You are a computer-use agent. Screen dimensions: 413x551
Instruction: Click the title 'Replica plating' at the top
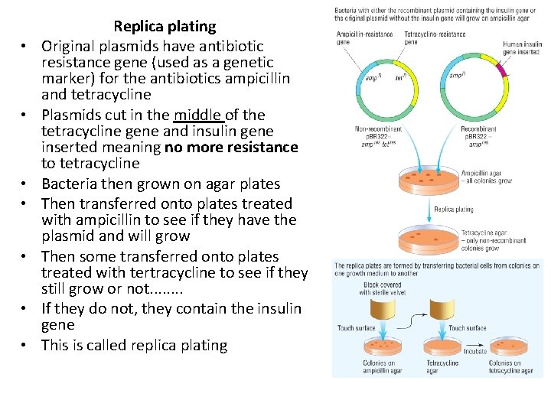click(x=165, y=26)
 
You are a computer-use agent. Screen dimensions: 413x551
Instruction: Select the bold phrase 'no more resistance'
click(x=231, y=147)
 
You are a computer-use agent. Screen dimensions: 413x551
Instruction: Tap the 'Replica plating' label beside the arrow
click(x=454, y=209)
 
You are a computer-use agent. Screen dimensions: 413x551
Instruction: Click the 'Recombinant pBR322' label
click(x=479, y=133)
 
